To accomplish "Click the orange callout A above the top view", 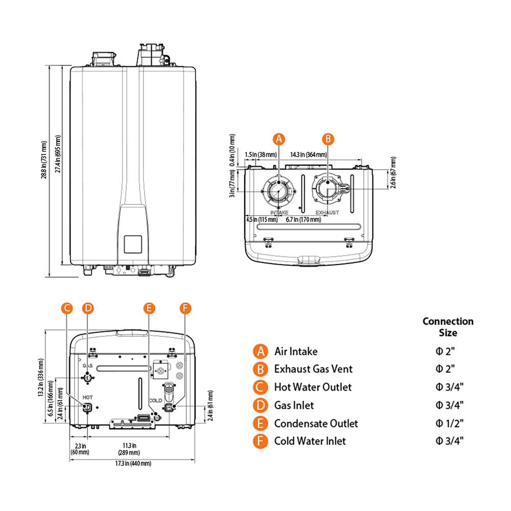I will pos(278,138).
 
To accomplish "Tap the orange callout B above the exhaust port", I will pos(329,138).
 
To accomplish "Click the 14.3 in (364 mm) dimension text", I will pos(309,154).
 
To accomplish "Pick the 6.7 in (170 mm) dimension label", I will pos(304,220).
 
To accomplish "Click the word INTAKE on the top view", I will pos(280,212).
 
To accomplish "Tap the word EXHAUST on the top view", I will pos(327,212).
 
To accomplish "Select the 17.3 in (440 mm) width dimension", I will pos(133,463).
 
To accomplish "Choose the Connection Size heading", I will pos(448,327).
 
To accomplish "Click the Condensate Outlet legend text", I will pos(316,423).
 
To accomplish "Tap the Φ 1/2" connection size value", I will pos(450,423).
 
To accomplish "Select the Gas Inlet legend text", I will pos(294,405).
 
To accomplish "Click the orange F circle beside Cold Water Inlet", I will pos(261,441).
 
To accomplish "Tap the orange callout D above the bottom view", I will pos(88,308).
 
